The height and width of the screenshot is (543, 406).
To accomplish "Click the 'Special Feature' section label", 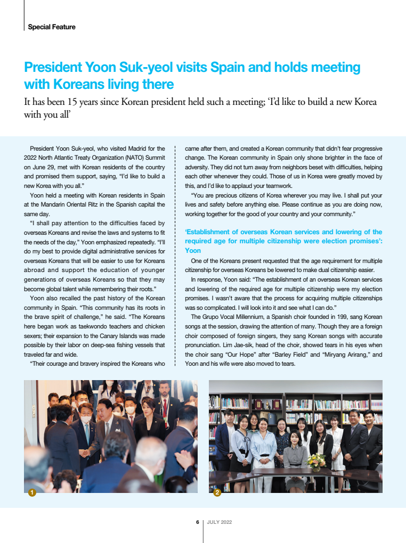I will point(52,27).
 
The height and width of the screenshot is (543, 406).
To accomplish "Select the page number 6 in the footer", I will point(198,522).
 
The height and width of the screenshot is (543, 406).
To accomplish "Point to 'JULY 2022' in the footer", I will point(219,522).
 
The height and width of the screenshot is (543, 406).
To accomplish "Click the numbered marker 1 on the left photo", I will point(32,493).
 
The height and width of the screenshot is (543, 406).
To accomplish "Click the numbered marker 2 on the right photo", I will point(217,493).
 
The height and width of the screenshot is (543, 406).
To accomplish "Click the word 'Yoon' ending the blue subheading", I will point(193,250).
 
